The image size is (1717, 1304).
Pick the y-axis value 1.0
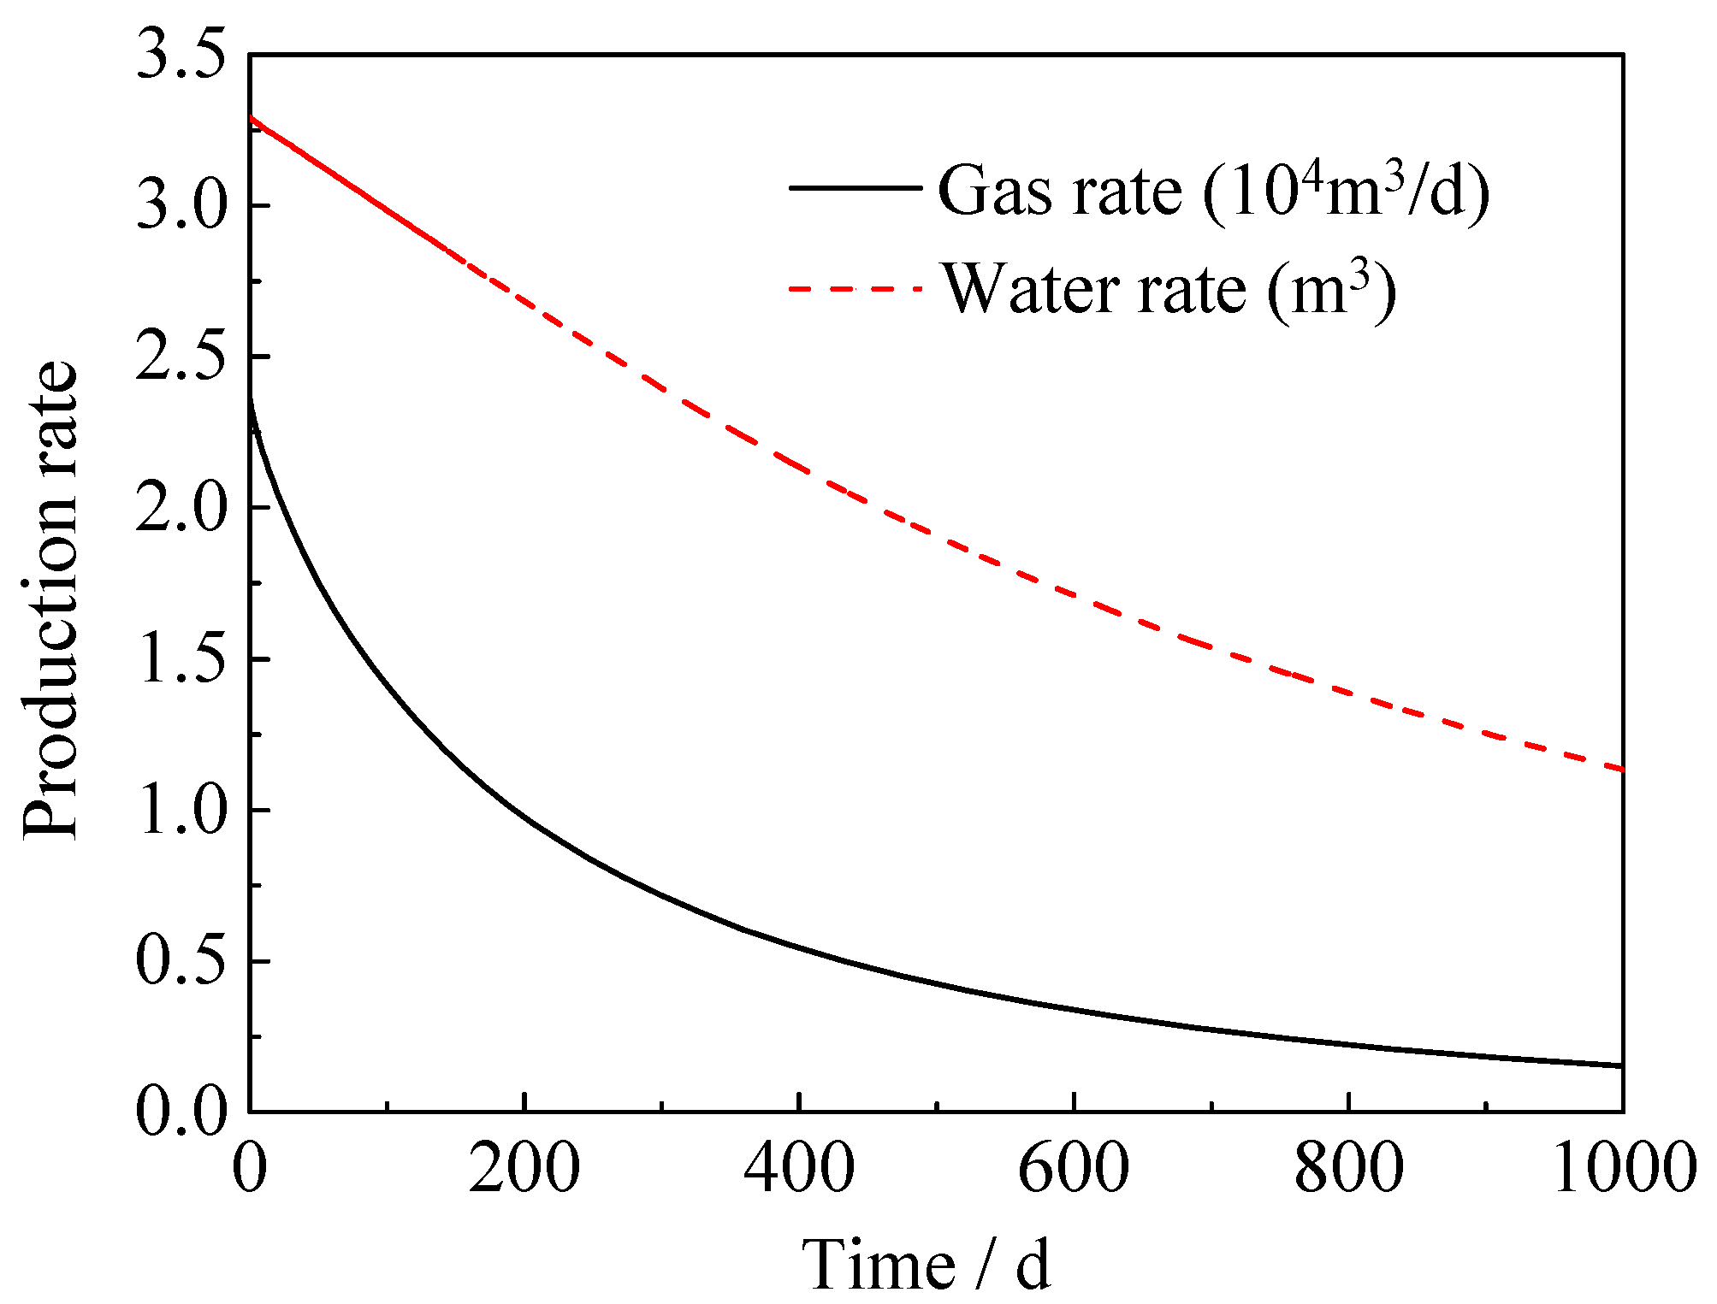[181, 810]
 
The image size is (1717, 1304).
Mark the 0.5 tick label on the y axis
[181, 961]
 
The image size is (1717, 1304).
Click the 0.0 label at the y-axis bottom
[181, 1112]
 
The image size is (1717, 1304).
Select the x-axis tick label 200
[524, 1168]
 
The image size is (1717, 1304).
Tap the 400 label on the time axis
[798, 1168]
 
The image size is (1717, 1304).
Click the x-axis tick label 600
[1073, 1168]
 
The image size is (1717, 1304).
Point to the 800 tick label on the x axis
[1348, 1168]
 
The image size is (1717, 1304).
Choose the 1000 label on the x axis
[1623, 1168]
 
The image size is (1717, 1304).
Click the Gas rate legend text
[1213, 190]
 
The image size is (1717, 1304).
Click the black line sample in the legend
[855, 187]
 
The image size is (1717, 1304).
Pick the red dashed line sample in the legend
[855, 288]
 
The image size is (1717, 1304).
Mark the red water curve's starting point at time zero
[250, 117]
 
